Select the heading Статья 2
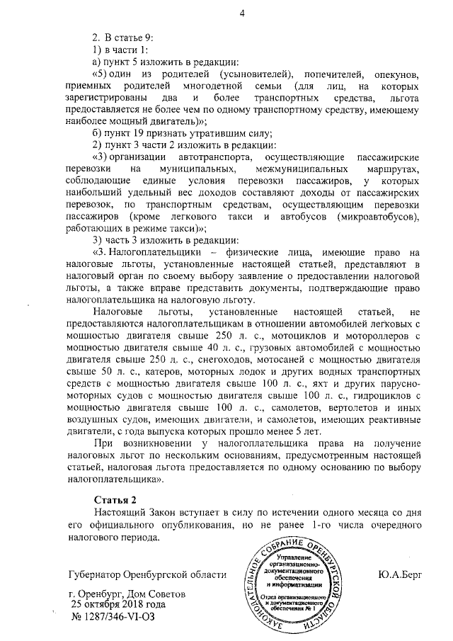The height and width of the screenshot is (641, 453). (x=115, y=500)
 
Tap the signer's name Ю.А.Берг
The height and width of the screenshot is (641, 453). (x=400, y=574)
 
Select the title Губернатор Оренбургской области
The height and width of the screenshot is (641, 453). (x=147, y=574)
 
